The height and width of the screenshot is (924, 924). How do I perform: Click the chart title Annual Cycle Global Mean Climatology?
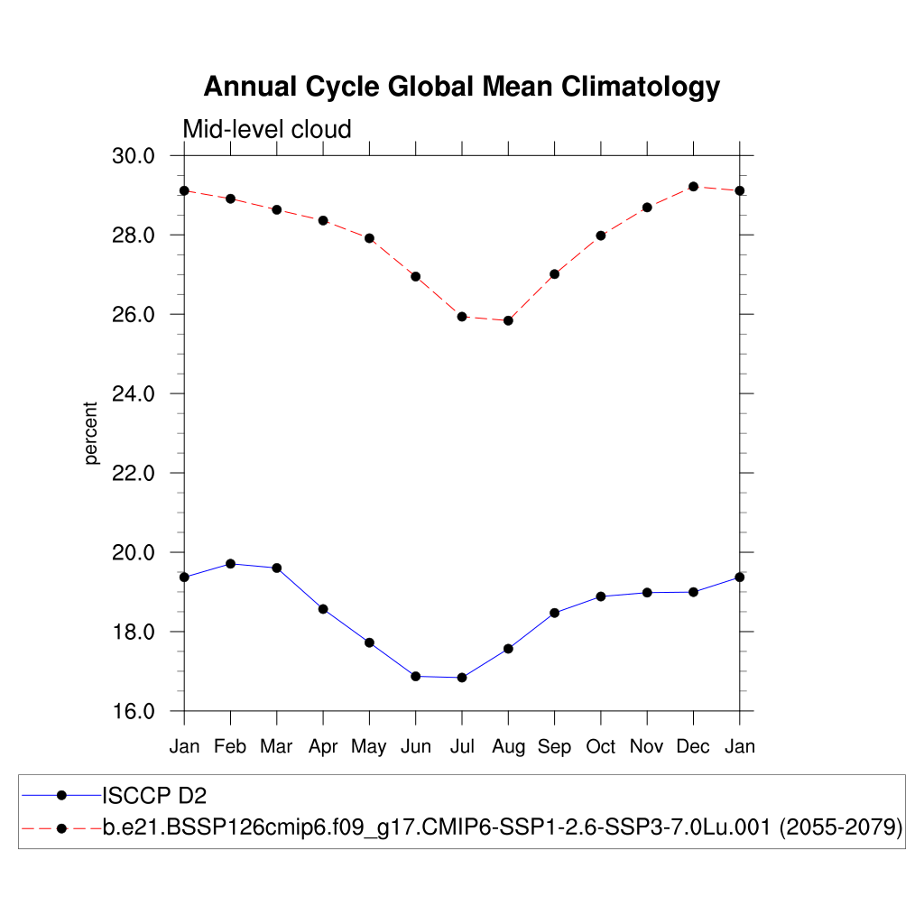click(x=462, y=87)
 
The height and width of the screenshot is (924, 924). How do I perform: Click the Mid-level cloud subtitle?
click(x=267, y=130)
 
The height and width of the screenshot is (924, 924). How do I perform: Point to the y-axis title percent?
click(x=91, y=433)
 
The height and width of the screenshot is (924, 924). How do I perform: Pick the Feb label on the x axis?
click(x=230, y=746)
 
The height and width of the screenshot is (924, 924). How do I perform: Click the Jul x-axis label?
click(x=462, y=746)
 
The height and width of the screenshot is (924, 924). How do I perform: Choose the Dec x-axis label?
click(x=693, y=746)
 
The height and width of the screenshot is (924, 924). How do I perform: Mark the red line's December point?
click(x=693, y=187)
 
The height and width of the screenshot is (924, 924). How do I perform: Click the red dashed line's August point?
click(x=508, y=320)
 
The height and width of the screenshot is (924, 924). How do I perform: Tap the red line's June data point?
click(x=416, y=276)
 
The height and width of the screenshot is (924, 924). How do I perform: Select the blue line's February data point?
click(x=230, y=564)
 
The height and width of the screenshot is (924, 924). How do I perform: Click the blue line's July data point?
click(x=462, y=678)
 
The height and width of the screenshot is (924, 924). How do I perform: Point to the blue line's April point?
click(x=323, y=609)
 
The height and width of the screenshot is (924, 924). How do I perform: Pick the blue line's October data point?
click(x=600, y=596)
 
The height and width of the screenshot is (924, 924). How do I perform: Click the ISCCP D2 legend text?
click(x=155, y=796)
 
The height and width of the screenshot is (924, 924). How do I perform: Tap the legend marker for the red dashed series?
click(x=61, y=827)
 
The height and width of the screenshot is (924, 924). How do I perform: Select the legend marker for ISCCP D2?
click(x=61, y=795)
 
